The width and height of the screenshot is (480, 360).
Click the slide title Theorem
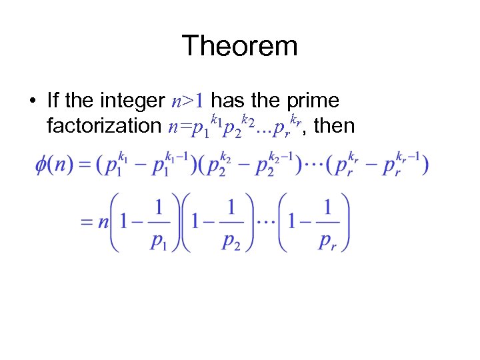click(239, 46)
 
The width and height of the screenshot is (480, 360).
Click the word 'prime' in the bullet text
click(313, 101)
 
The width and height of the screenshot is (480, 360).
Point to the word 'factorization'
click(104, 125)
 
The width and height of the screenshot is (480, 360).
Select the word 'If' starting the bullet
click(53, 101)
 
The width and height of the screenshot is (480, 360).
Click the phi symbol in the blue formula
click(41, 165)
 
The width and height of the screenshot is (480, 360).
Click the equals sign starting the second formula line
click(87, 223)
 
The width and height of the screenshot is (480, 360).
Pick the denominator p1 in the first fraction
click(158, 241)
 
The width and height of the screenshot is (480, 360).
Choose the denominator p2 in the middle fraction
click(231, 241)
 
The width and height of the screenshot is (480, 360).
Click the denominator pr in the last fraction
click(327, 241)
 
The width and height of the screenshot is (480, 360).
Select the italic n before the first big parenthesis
click(103, 223)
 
